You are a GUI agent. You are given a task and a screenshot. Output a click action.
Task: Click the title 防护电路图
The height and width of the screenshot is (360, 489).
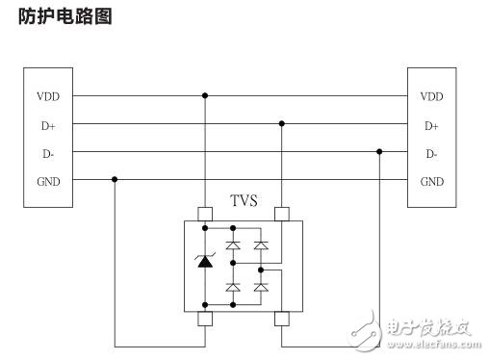(65, 16)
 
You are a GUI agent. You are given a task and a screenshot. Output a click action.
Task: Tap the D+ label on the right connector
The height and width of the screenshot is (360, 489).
(431, 125)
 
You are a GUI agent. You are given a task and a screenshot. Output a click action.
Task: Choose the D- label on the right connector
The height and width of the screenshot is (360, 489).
(431, 153)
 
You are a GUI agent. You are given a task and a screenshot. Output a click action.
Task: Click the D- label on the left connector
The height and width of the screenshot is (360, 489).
(45, 153)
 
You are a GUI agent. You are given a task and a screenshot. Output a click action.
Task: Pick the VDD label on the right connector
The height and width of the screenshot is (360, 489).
(431, 96)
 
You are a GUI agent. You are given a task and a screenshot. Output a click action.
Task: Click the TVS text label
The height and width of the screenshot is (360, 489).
(244, 201)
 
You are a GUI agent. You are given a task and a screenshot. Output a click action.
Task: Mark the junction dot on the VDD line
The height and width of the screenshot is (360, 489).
(204, 96)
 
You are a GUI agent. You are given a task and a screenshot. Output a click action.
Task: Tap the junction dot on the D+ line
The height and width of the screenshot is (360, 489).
(282, 124)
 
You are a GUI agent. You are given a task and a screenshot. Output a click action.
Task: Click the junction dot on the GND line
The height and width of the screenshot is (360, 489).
(115, 179)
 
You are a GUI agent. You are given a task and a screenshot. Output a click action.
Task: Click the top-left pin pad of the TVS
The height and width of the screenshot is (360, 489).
(204, 214)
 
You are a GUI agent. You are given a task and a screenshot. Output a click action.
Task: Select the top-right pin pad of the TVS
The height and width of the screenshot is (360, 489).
(282, 214)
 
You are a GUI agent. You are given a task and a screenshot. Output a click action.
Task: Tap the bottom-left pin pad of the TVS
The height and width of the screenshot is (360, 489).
(204, 319)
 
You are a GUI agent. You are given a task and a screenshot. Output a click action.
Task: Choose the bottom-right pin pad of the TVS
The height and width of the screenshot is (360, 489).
(282, 319)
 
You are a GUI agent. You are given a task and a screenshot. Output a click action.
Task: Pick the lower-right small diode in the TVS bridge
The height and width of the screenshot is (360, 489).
(260, 287)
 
